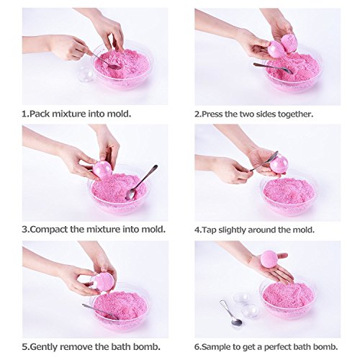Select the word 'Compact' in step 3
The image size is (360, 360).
(x=53, y=229)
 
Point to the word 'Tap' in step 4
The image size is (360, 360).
(x=216, y=229)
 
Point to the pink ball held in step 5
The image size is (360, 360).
(x=103, y=282)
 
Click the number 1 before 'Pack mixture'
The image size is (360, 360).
(x=24, y=113)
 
